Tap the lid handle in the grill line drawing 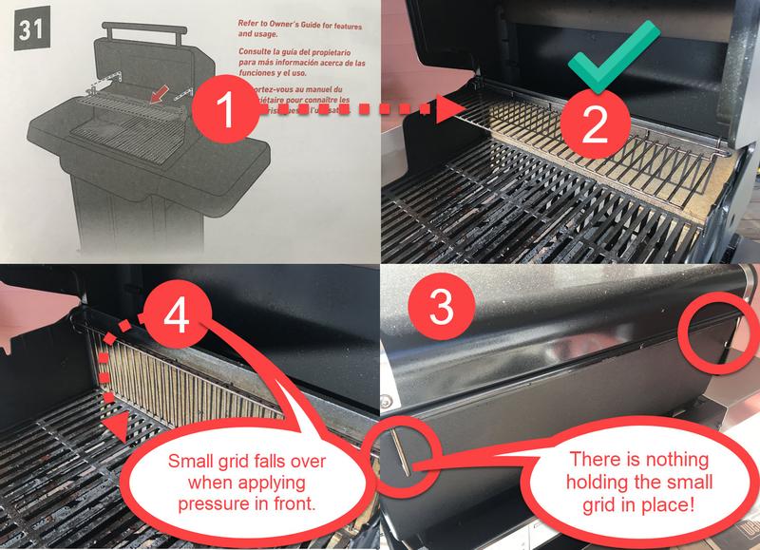pos(142,33)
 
